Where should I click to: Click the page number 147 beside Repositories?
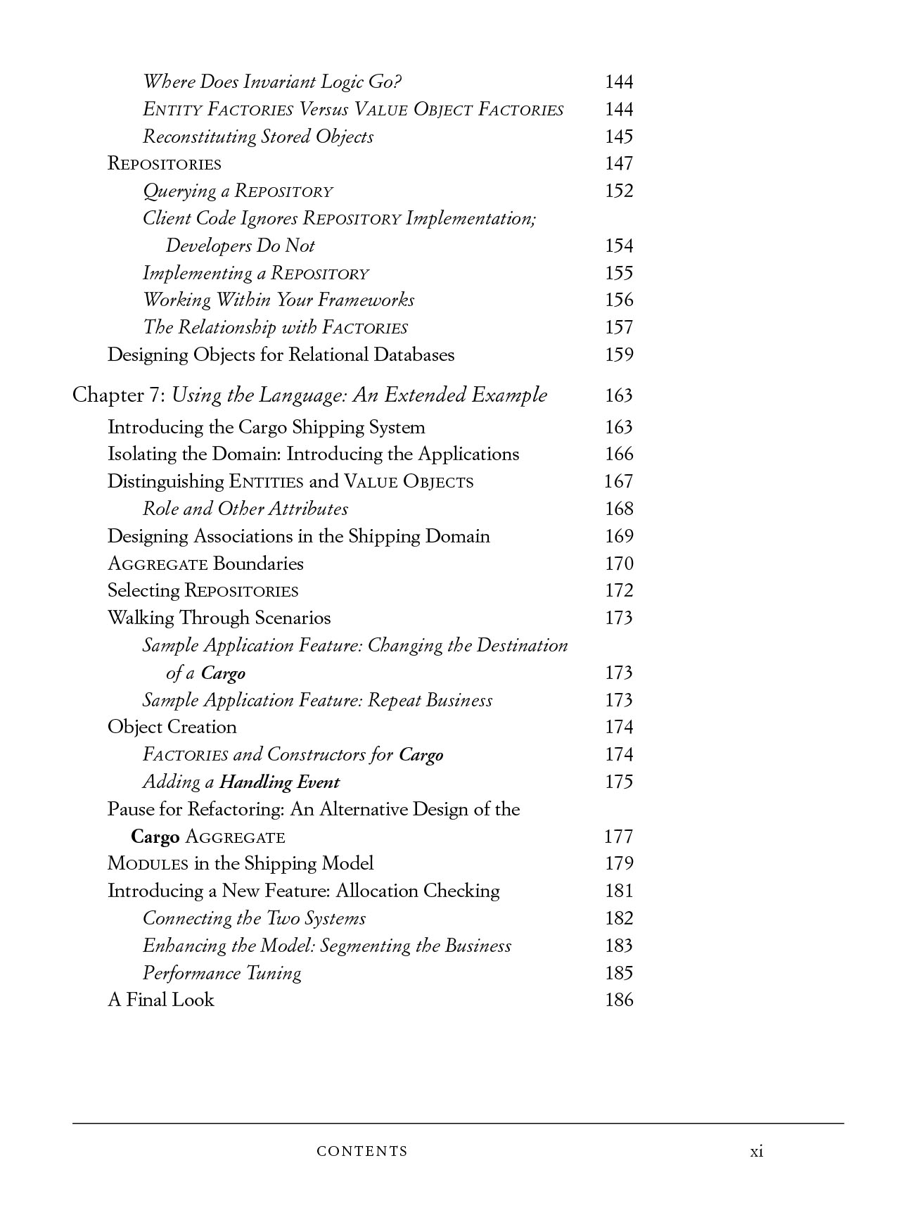[619, 164]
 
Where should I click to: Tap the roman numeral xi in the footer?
[756, 1151]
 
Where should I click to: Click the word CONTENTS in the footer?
[362, 1152]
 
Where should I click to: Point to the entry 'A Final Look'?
[160, 1000]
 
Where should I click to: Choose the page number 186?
[619, 1000]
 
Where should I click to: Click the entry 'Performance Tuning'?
[222, 973]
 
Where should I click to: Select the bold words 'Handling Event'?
[279, 782]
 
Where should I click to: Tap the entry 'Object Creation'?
[172, 727]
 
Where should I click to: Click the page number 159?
[619, 355]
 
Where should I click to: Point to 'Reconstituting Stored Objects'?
[257, 137]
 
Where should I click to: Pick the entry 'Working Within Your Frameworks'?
[278, 300]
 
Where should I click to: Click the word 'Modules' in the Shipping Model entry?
[148, 864]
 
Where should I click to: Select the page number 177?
[619, 837]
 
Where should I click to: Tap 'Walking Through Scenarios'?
[219, 618]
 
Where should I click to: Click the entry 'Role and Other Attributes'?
[245, 509]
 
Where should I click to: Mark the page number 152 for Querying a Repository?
[619, 191]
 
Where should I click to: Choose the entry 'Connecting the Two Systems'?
[254, 919]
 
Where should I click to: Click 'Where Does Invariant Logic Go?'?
[271, 82]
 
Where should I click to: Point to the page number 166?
[619, 454]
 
